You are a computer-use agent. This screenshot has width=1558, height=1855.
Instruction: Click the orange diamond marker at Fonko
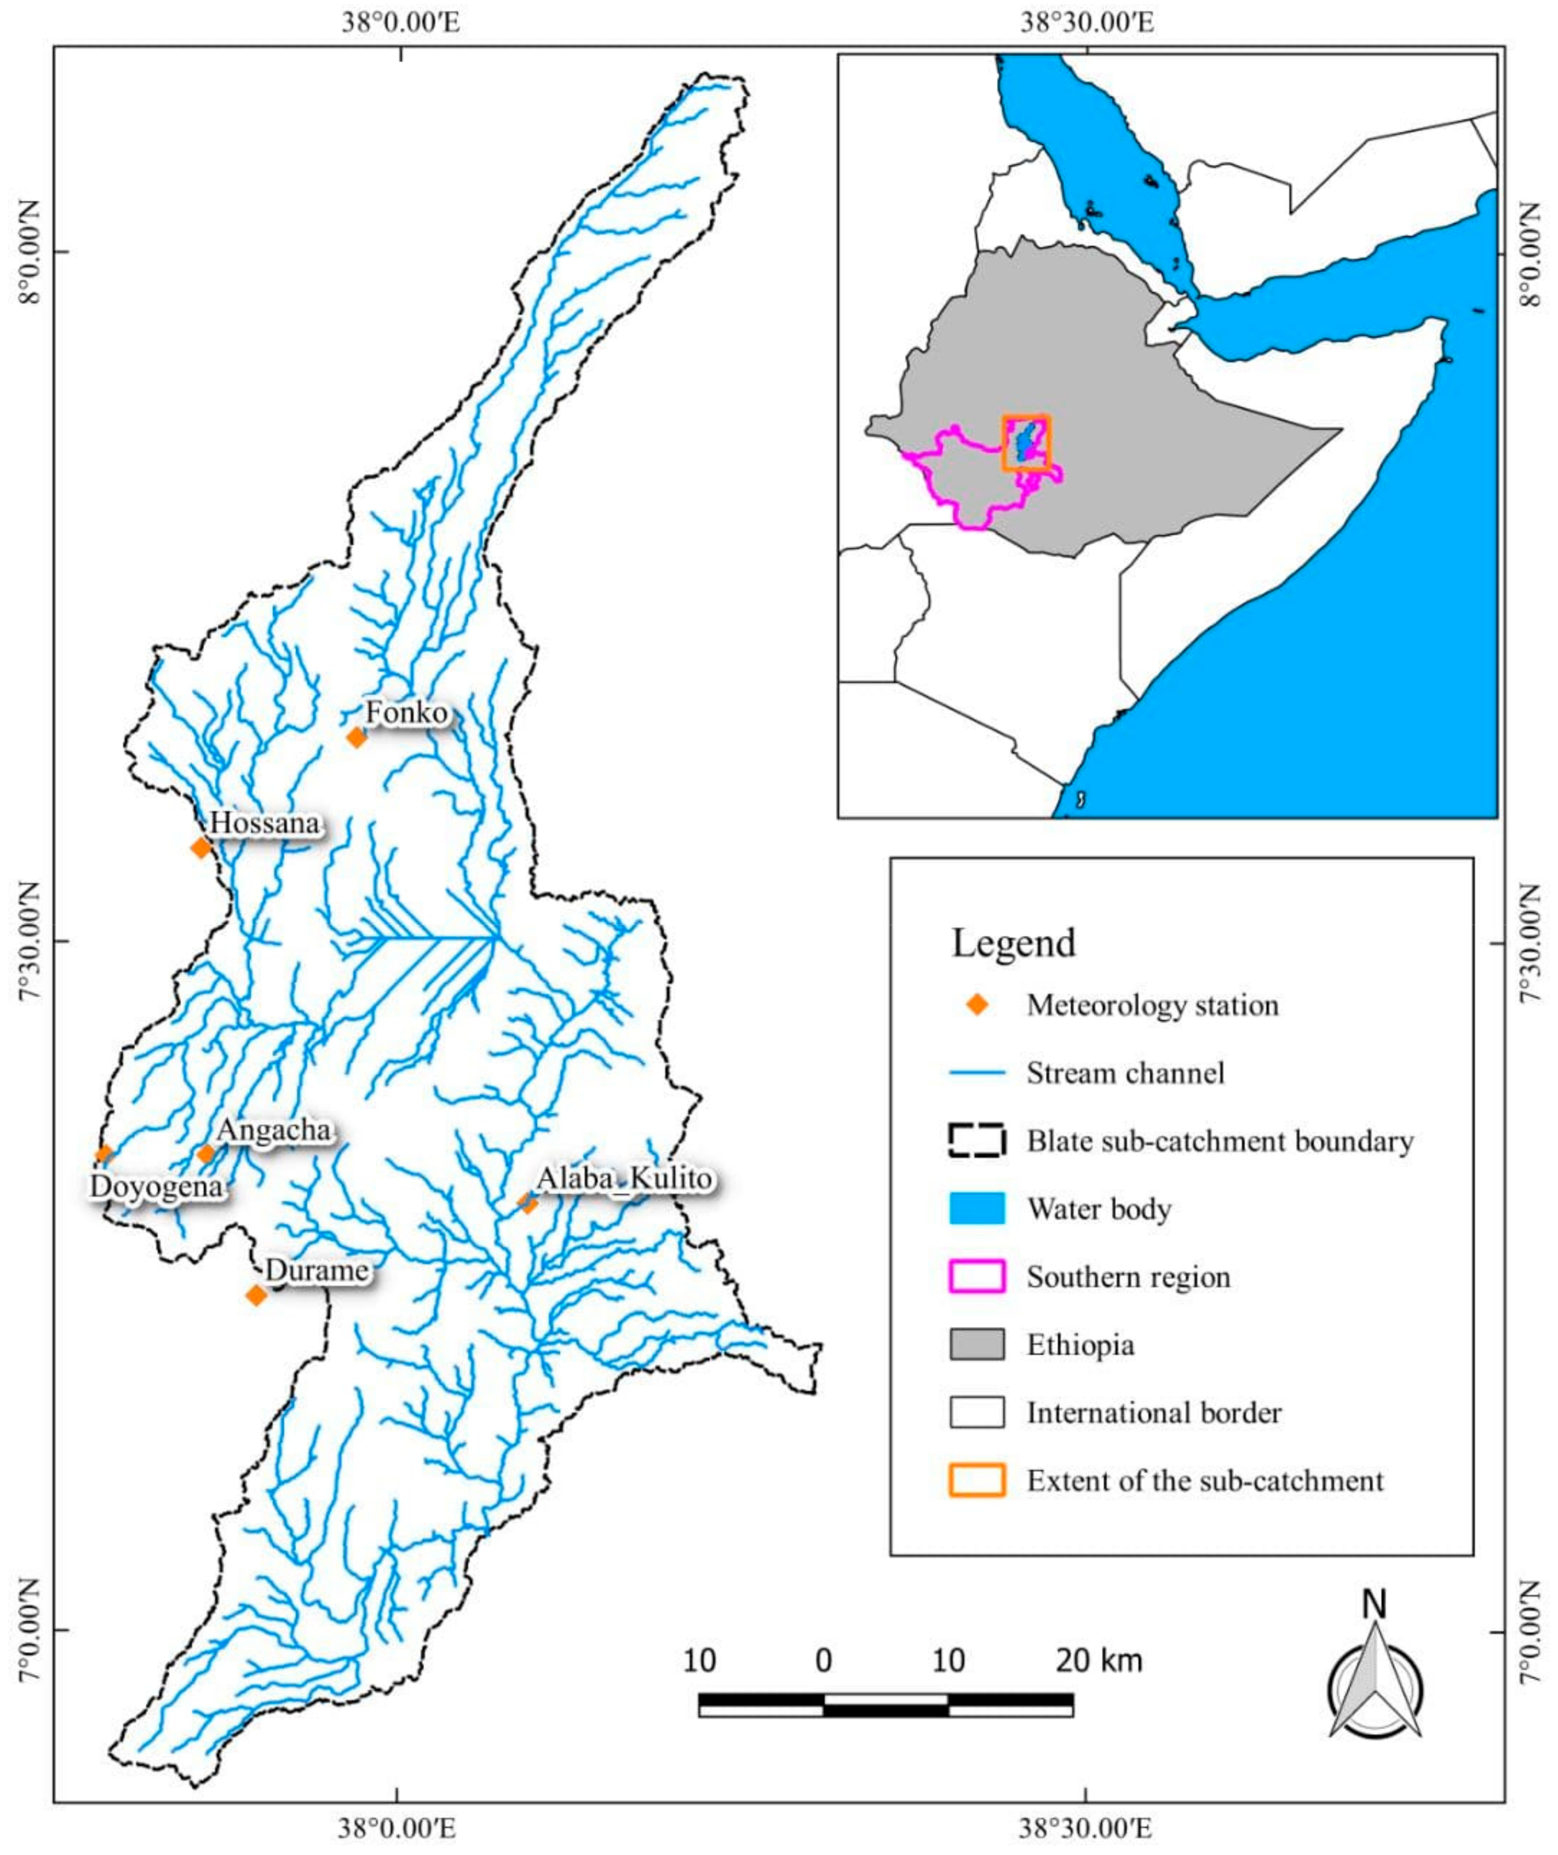point(356,736)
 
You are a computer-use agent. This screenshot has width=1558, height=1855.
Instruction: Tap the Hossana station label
point(264,824)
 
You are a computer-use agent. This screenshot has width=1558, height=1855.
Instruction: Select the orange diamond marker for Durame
point(256,1296)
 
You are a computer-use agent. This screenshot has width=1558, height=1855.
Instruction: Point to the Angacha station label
point(274,1130)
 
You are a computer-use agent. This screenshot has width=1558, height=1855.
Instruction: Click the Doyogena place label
point(156,1186)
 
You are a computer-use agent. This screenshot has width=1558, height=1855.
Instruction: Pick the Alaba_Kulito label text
point(624,1179)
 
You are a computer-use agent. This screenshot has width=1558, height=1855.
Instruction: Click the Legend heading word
point(1013,943)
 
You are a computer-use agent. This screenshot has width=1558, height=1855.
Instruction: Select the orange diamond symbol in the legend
point(977,1005)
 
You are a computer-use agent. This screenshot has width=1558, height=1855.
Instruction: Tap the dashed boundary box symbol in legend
point(977,1140)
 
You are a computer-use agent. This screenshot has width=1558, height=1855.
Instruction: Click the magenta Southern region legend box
point(977,1277)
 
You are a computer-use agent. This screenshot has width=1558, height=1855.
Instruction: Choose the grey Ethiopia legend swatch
point(977,1344)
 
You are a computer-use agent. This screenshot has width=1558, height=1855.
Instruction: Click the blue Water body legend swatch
point(977,1208)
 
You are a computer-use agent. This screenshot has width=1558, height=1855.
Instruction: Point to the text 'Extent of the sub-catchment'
point(1205,1481)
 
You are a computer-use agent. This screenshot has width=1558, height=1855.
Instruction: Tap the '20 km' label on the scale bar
point(1099,1660)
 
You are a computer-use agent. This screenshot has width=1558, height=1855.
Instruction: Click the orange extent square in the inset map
point(1026,443)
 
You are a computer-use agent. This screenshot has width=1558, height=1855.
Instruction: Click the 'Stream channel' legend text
point(1125,1073)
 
